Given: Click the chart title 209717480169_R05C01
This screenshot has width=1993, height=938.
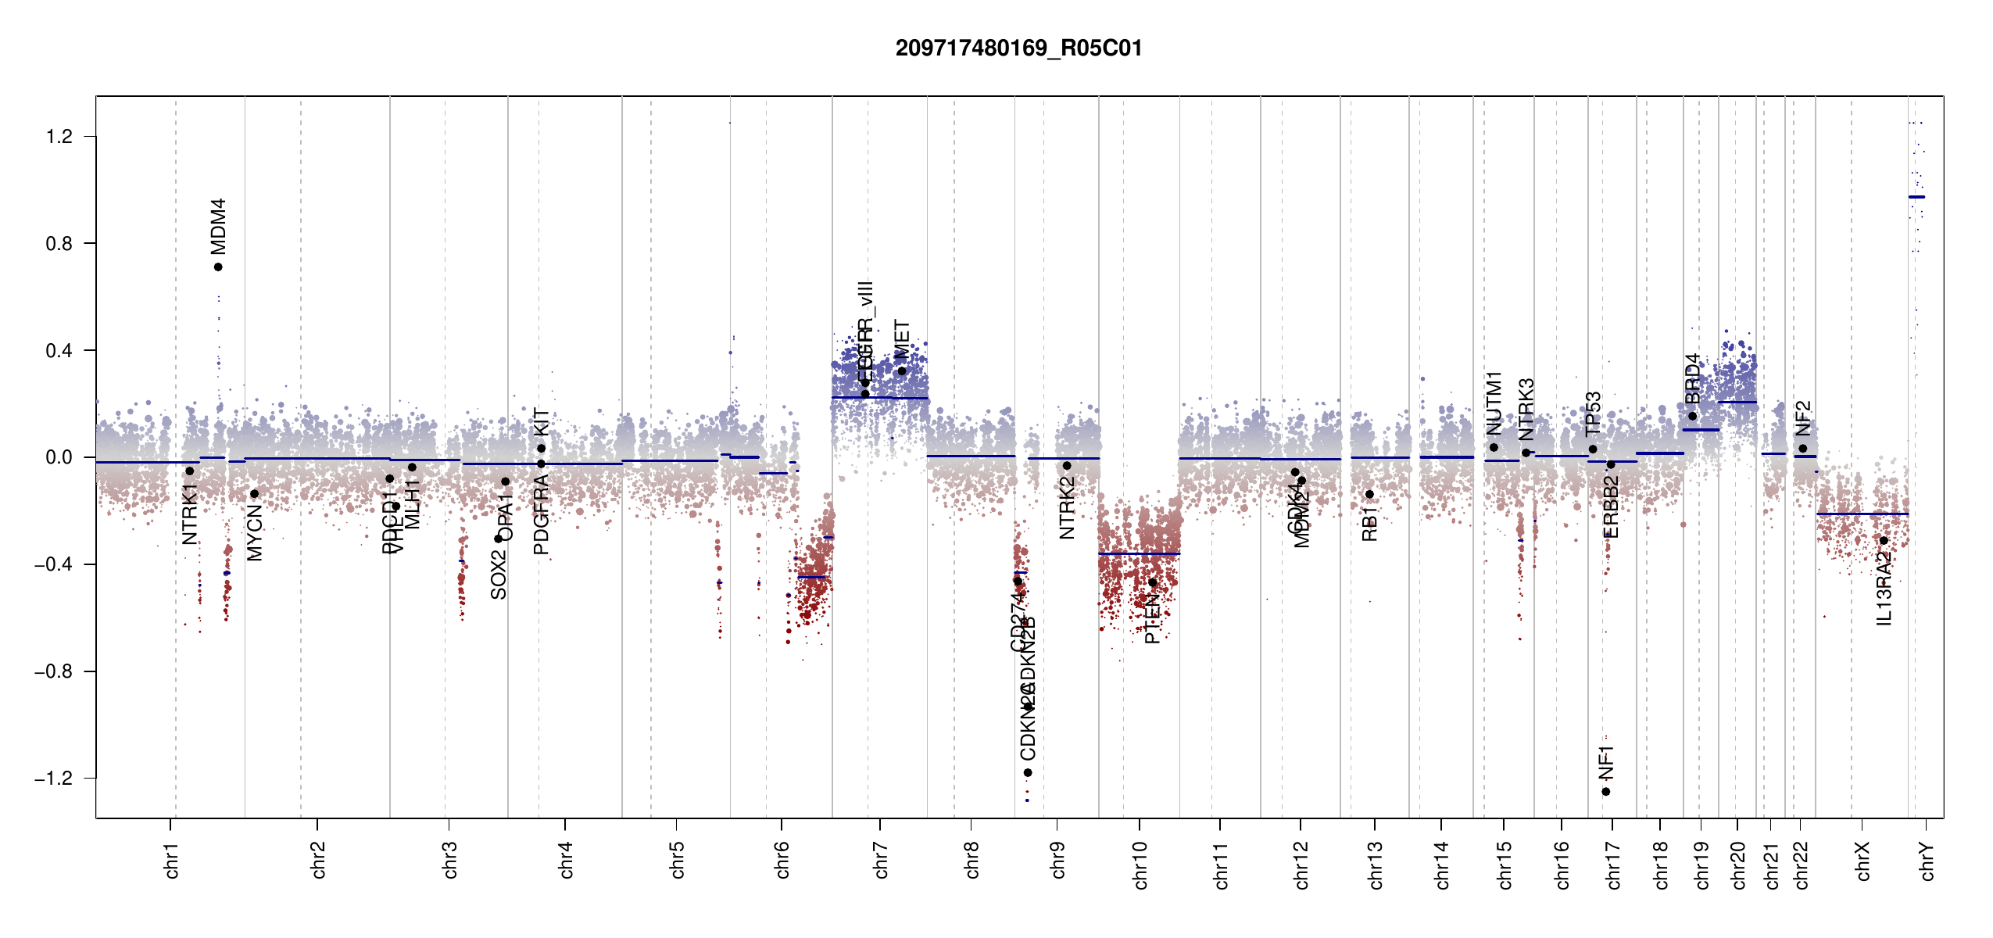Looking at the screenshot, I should pyautogui.click(x=1018, y=48).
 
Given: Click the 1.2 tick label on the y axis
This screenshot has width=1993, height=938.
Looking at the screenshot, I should pyautogui.click(x=59, y=137).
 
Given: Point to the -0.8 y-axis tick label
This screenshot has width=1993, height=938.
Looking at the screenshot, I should pyautogui.click(x=53, y=671).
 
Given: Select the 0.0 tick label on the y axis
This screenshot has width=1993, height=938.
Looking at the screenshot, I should pyautogui.click(x=59, y=457).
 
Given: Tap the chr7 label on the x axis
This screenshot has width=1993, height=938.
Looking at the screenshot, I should pyautogui.click(x=881, y=860).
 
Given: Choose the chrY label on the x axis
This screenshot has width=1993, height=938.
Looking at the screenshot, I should pyautogui.click(x=1927, y=861).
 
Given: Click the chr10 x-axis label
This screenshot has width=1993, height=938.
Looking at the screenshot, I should pyautogui.click(x=1140, y=865).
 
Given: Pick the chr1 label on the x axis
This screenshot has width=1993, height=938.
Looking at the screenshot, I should pyautogui.click(x=171, y=860).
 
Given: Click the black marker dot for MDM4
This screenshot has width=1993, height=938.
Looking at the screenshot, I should pyautogui.click(x=218, y=267).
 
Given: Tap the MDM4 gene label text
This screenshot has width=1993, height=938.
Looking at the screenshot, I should pyautogui.click(x=218, y=226).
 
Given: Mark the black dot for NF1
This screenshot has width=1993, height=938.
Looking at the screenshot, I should pyautogui.click(x=1605, y=792).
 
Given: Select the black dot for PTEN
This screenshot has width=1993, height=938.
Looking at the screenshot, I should pyautogui.click(x=1152, y=583).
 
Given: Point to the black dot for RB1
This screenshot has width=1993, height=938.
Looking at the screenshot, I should pyautogui.click(x=1369, y=494).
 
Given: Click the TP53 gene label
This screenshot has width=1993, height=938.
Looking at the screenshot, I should pyautogui.click(x=1593, y=414).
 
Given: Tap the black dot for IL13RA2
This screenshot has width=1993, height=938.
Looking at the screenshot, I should pyautogui.click(x=1884, y=541).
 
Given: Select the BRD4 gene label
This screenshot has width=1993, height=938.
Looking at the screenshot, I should pyautogui.click(x=1692, y=379).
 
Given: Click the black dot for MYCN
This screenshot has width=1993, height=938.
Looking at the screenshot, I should pyautogui.click(x=254, y=494).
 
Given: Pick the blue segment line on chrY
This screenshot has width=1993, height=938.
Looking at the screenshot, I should pyautogui.click(x=1916, y=197).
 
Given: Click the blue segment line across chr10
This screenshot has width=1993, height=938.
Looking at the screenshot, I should pyautogui.click(x=1139, y=553).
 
